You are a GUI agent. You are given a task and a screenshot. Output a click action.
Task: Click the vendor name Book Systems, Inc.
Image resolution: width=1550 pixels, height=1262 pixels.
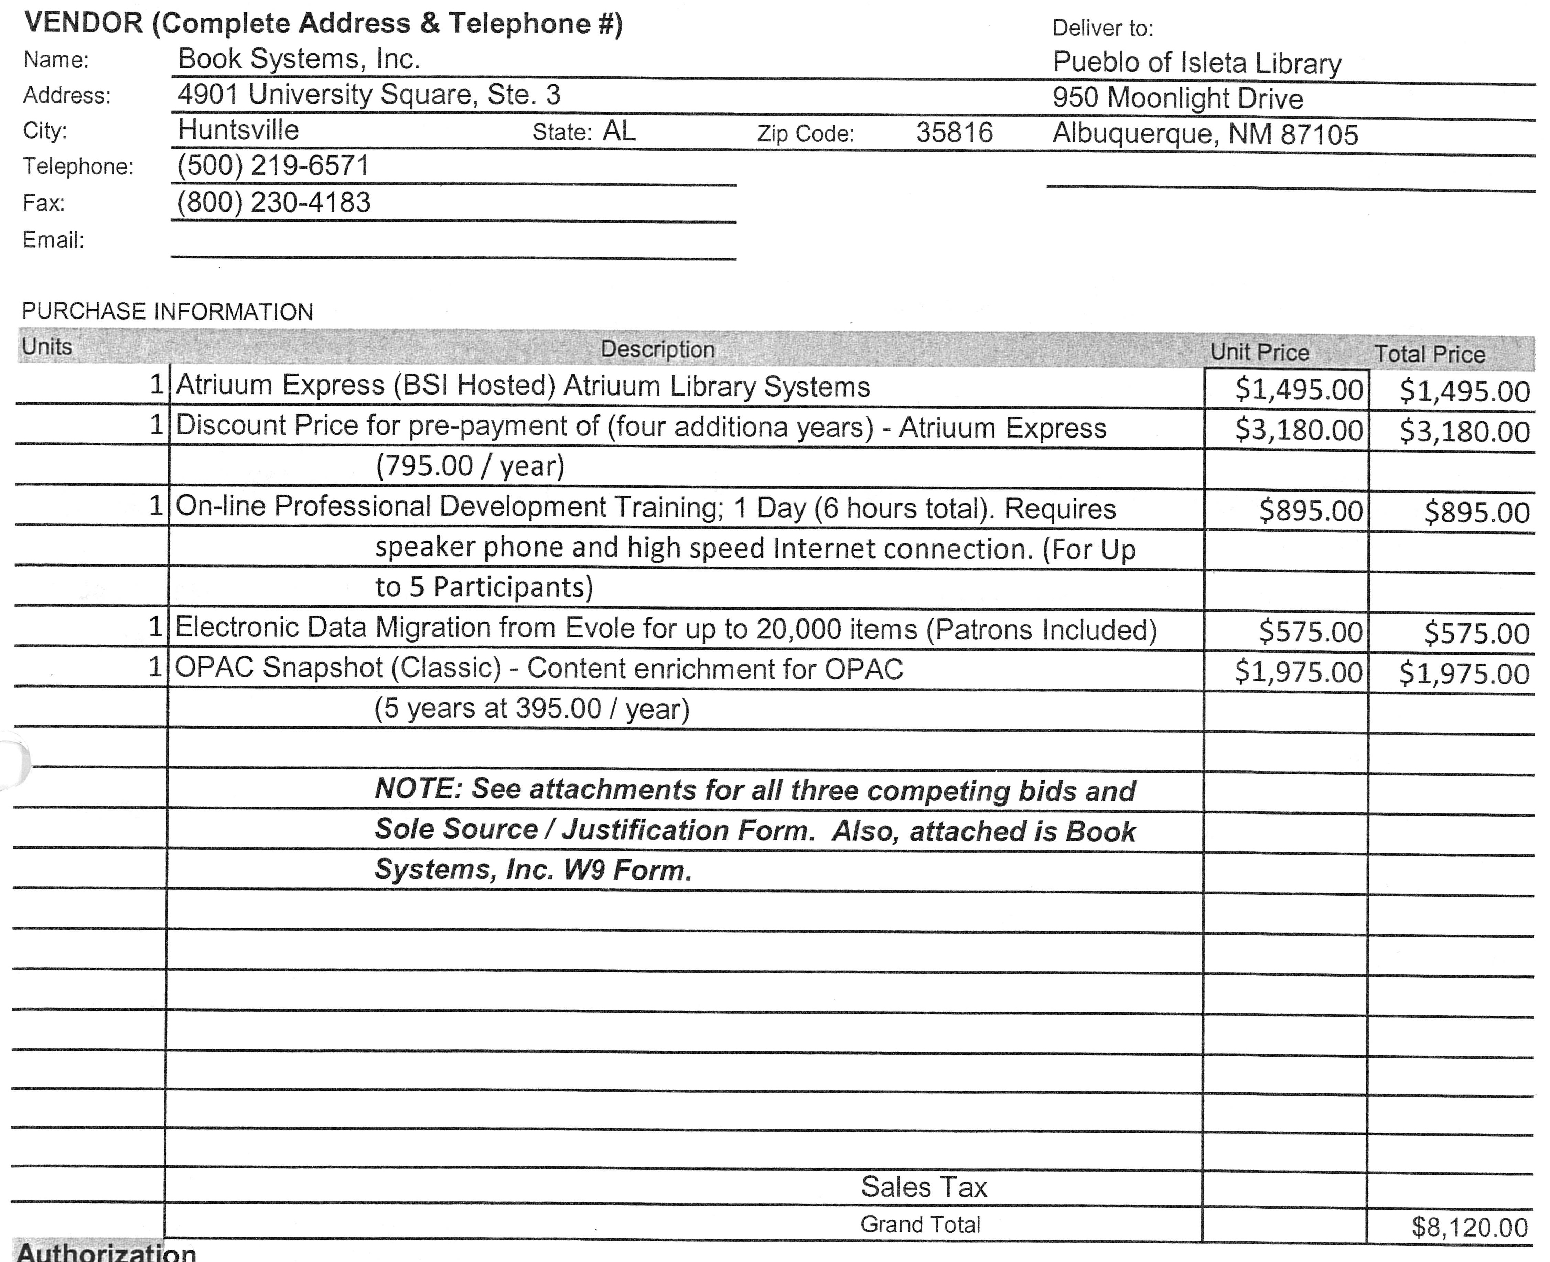pos(299,59)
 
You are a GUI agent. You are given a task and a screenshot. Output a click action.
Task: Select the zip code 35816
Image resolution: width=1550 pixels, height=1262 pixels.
pos(954,132)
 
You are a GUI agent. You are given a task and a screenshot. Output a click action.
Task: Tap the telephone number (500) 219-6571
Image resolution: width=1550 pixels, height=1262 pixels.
pos(273,166)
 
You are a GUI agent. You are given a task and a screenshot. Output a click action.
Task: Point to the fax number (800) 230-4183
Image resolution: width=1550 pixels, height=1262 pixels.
pos(273,202)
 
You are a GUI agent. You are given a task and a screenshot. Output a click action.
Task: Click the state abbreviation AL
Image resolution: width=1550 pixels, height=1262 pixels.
pos(619,131)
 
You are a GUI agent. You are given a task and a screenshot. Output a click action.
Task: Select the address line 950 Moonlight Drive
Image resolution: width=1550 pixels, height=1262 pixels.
pos(1178,98)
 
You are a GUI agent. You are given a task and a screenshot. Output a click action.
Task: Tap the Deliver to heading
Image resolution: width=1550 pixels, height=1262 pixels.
pos(1102,28)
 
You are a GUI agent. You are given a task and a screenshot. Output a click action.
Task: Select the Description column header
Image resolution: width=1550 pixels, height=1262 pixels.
pos(657,350)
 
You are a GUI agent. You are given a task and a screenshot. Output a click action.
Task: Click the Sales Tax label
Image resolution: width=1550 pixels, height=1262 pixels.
pos(923,1186)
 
